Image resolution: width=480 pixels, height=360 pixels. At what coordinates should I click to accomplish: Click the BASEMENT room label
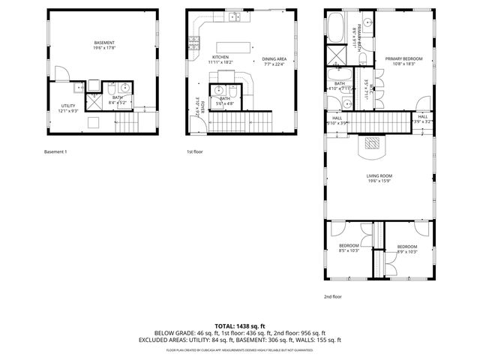click(104, 42)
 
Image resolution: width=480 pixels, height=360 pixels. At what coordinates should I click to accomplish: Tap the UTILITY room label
click(68, 106)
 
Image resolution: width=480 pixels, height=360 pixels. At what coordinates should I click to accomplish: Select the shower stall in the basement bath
click(95, 97)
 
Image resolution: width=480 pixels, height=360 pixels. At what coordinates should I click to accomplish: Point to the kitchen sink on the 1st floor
click(233, 16)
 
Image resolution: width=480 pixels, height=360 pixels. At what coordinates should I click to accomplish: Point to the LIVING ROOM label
click(380, 175)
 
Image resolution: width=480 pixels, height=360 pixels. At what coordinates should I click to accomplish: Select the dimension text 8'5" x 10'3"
click(349, 250)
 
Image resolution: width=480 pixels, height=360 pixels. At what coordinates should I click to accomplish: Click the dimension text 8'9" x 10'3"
click(407, 252)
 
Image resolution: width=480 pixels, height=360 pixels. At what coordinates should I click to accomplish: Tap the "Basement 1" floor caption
click(56, 152)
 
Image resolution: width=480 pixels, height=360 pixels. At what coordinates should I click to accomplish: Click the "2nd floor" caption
click(332, 296)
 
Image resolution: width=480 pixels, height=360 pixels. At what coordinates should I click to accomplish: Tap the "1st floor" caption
click(196, 152)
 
